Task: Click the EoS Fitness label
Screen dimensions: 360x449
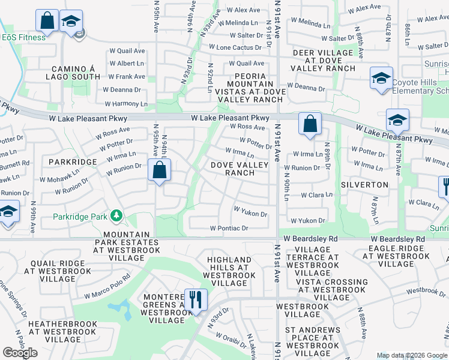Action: (x=24, y=37)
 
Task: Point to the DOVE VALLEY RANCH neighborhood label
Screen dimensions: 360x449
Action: (x=232, y=169)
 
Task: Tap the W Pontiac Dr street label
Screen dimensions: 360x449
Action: (x=229, y=228)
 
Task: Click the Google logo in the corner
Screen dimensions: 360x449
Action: (x=20, y=353)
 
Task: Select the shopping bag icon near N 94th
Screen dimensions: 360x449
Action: (x=159, y=170)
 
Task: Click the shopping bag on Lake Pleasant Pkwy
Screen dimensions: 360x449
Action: (x=310, y=124)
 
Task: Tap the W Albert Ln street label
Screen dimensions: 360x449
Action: (x=126, y=64)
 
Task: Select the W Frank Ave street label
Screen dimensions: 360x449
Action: (x=127, y=77)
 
